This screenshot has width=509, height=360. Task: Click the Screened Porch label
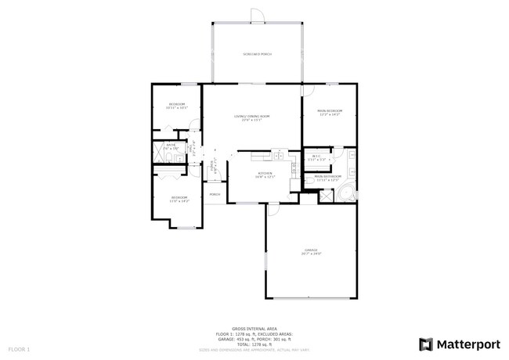point(256,54)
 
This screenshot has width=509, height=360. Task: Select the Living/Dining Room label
point(251,117)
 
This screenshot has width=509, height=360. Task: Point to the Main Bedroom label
point(330,113)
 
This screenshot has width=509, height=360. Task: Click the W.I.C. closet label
point(316,157)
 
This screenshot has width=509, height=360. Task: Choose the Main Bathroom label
point(327,178)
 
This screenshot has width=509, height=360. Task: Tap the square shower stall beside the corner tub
point(327,196)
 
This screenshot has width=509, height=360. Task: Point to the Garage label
point(311,251)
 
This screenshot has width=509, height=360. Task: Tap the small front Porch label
point(215,194)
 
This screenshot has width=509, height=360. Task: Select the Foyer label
point(213,167)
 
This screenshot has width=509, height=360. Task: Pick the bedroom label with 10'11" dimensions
point(178,106)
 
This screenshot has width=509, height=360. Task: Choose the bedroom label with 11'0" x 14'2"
point(179,199)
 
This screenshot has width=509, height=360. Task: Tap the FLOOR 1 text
point(19,348)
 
